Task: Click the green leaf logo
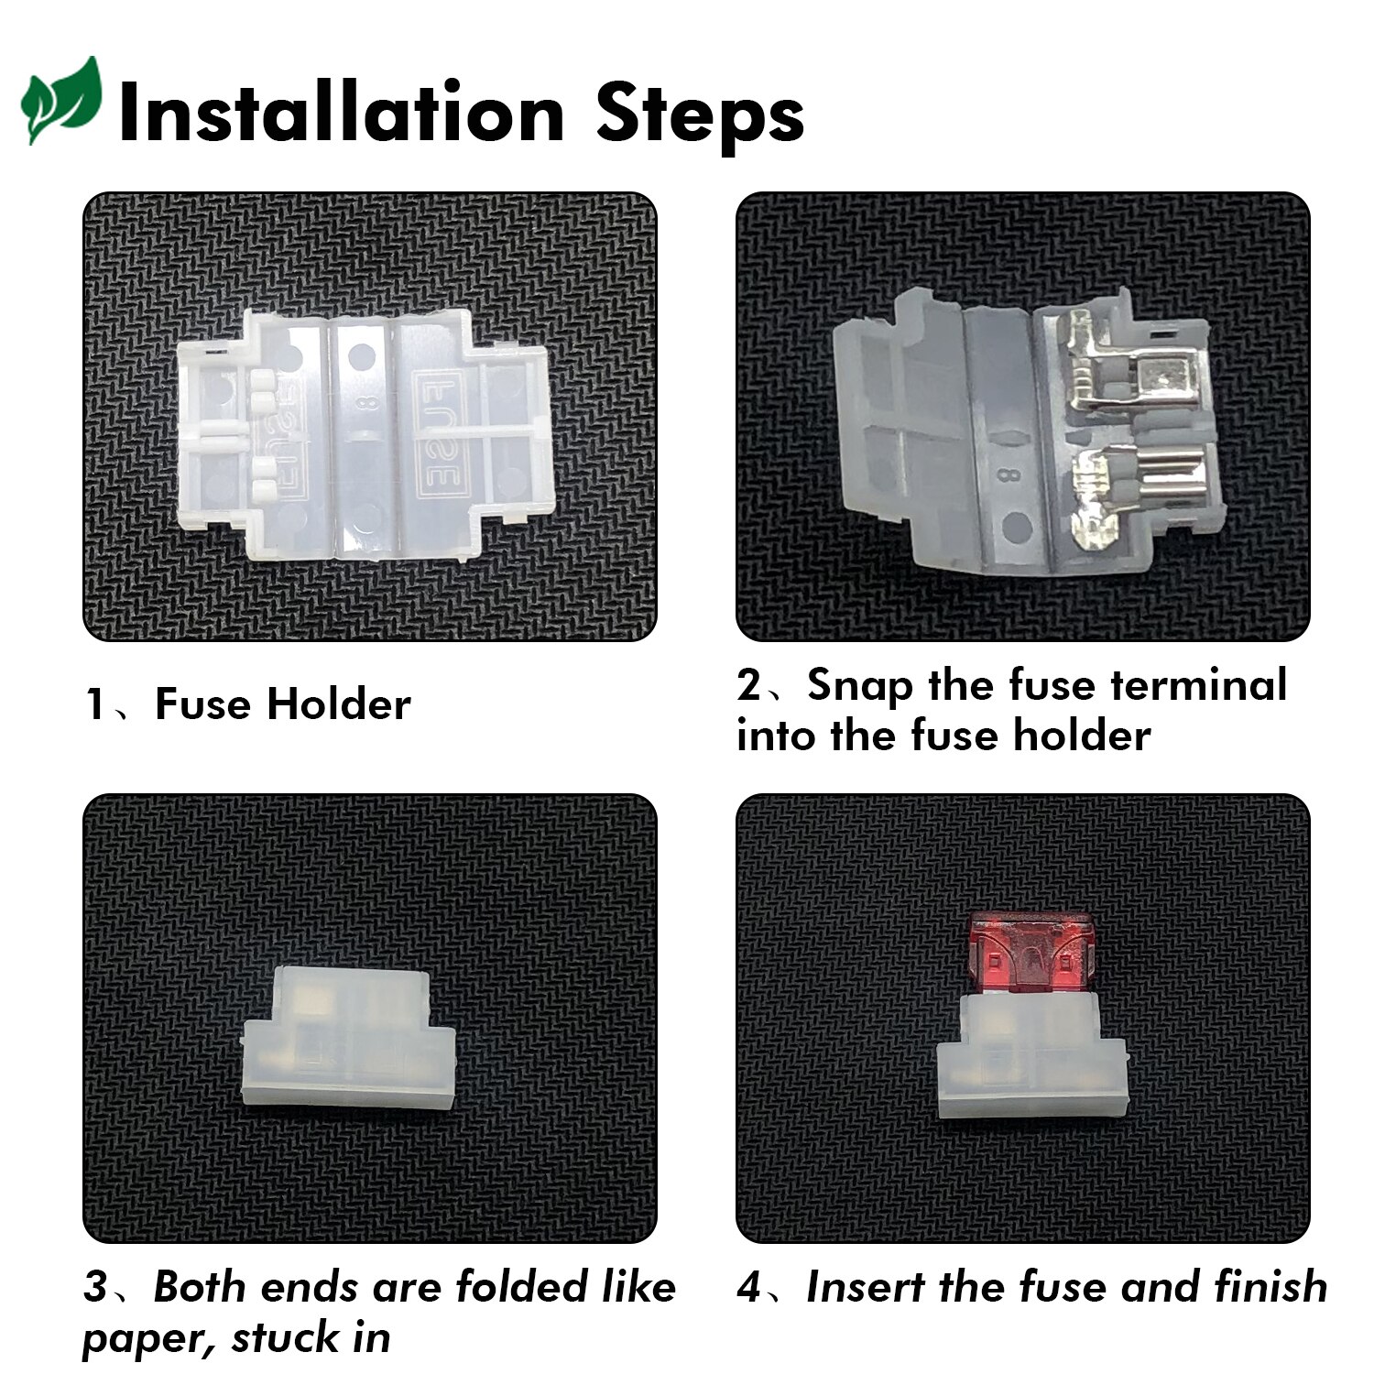pyautogui.click(x=60, y=101)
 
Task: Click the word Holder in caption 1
pyautogui.click(x=339, y=704)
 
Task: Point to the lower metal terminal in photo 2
pyautogui.click(x=1118, y=495)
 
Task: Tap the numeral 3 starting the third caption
pyautogui.click(x=95, y=1287)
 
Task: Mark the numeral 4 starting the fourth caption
pyautogui.click(x=749, y=1288)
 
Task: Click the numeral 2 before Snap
pyautogui.click(x=749, y=686)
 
